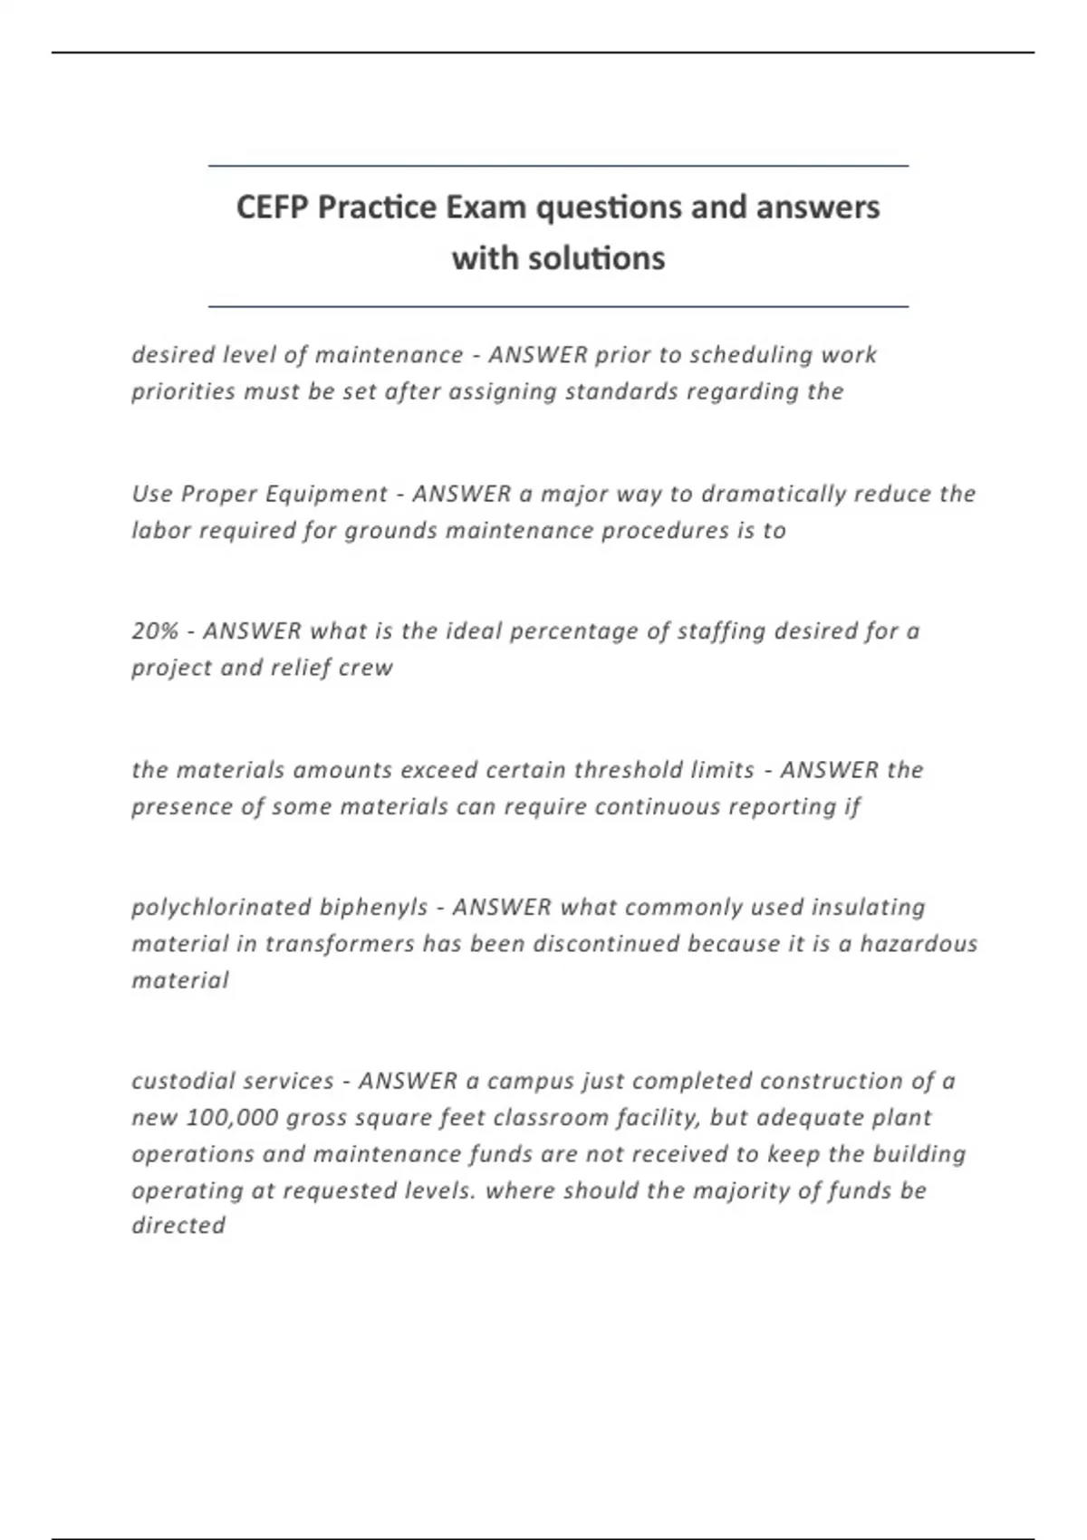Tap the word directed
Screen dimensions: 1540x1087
click(178, 1226)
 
